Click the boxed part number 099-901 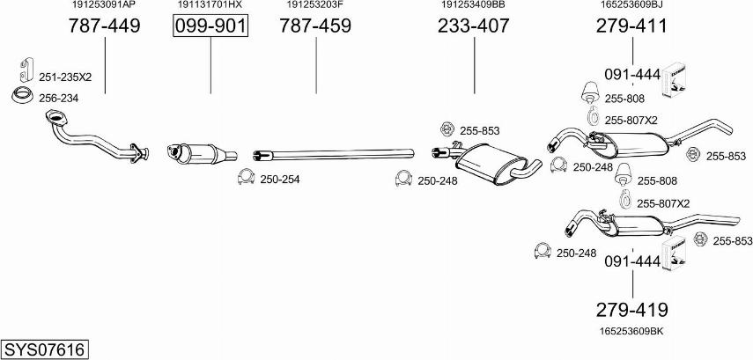coord(210,27)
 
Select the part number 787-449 coord(104,27)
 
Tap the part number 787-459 coord(315,27)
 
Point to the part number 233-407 coord(474,27)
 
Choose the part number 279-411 coord(632,27)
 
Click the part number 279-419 coord(632,310)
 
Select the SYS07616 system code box coord(45,350)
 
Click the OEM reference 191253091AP coord(104,5)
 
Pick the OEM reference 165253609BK coord(631,330)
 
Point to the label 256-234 coord(57,98)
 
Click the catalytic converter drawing coord(201,151)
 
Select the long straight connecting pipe coord(335,153)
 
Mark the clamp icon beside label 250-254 coord(247,180)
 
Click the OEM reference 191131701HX coord(210,5)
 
